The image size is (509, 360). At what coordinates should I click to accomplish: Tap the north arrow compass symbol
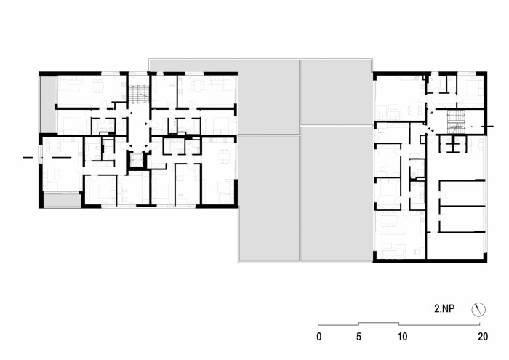coord(478,309)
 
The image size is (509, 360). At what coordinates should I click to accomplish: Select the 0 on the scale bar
coord(318,337)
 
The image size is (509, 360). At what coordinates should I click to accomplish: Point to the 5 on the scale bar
coord(358,337)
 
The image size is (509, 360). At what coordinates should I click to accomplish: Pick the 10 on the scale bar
coord(402,337)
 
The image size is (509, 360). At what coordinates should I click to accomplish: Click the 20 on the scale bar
coord(482,337)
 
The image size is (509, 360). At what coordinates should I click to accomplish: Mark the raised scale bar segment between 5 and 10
coord(380,323)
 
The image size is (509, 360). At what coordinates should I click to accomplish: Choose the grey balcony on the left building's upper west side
coord(46,102)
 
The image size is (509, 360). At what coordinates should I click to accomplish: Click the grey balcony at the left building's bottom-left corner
coord(61,199)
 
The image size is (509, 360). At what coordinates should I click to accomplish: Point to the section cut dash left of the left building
coord(27,157)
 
